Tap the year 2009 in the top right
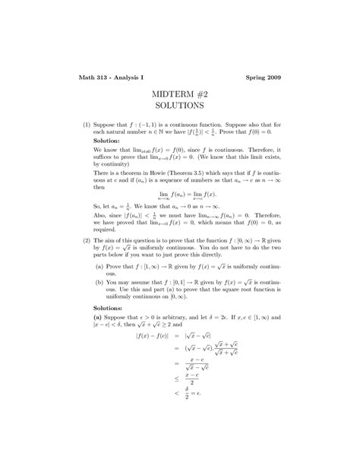tap(272, 77)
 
